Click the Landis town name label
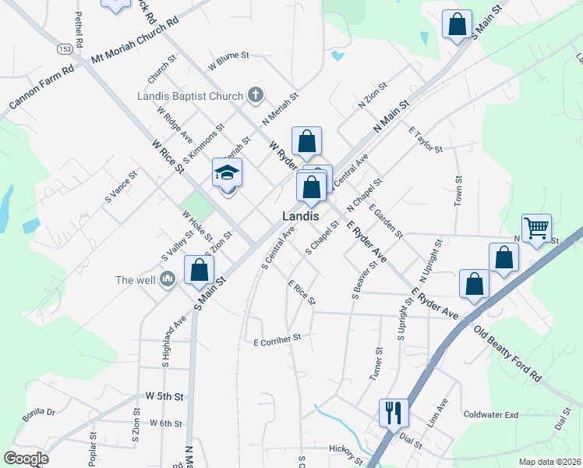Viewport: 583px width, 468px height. coord(300,215)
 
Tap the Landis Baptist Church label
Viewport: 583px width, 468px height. coord(190,97)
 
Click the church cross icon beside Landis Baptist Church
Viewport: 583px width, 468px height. coord(254,96)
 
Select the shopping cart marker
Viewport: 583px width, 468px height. coord(536,229)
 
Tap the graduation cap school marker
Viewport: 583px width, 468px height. coord(228,172)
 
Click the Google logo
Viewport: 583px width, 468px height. coord(26,458)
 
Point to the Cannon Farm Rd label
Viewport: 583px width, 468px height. coord(41,87)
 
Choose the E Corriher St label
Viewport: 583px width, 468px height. coord(277,340)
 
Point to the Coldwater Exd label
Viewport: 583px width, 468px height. coord(490,415)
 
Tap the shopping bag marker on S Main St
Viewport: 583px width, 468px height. coord(199,270)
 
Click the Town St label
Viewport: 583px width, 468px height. coord(458,191)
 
